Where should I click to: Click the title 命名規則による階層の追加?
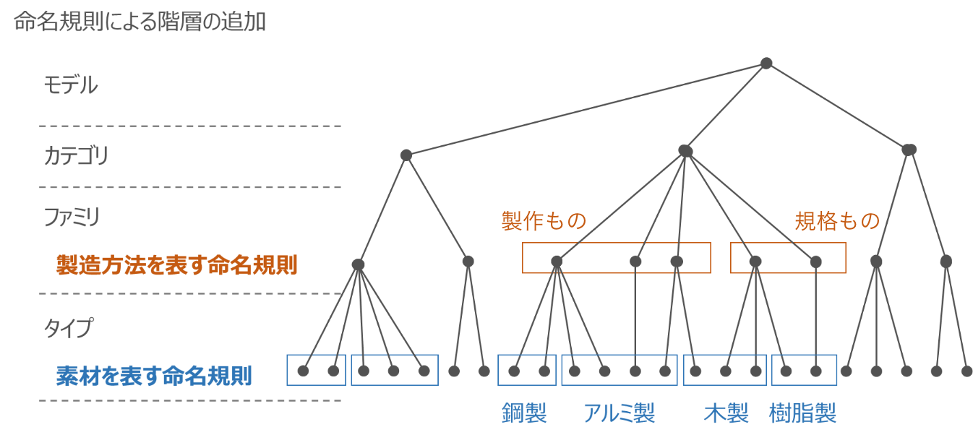pos(140,22)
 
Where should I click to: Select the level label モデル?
pos(70,85)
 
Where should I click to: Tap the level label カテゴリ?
pos(76,155)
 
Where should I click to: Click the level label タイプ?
pos(69,327)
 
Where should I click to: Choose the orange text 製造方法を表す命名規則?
pos(176,265)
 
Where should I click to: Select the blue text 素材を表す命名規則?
pos(154,376)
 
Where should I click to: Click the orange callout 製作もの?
pos(543,221)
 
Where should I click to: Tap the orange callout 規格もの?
pos(837,221)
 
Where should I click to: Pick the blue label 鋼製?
pos(524,413)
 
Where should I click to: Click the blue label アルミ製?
pos(619,413)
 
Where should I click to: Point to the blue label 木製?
pos(726,413)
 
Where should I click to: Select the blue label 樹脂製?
pos(803,413)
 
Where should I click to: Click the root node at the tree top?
pos(766,64)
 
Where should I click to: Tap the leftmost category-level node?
pos(406,155)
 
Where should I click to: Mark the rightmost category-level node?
pos(909,150)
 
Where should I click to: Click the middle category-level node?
pos(685,150)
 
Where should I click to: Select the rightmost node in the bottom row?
pos(966,371)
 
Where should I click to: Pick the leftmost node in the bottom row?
pos(303,371)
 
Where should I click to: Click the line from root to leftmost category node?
pos(586,109)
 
